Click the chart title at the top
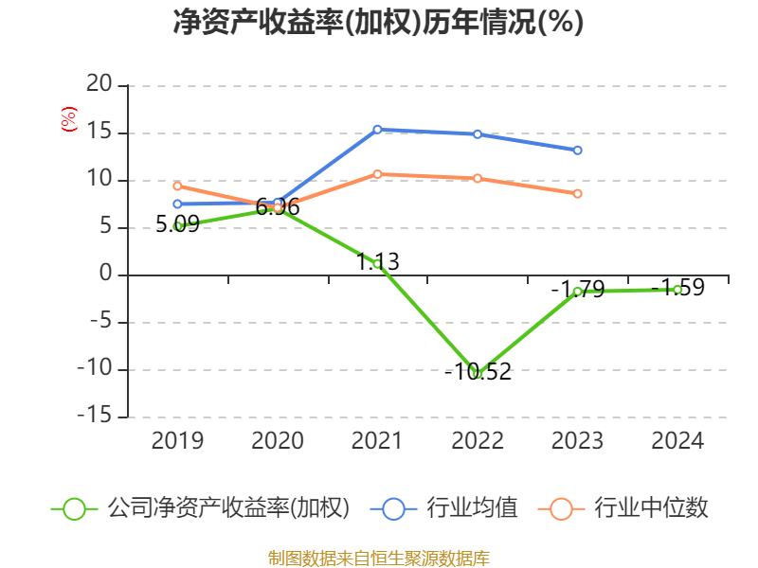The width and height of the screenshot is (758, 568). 378,22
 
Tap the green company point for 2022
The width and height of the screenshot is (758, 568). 478,374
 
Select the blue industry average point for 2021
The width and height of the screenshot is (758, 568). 377,130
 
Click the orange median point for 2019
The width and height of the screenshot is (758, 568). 177,186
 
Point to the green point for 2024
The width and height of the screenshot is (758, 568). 677,289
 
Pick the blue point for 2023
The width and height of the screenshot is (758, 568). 577,151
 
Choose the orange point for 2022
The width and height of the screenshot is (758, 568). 478,178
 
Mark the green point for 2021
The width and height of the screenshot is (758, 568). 377,264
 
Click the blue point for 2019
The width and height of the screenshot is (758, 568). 177,204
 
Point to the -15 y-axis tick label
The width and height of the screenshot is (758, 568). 94,417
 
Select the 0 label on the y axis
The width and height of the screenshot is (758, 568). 106,275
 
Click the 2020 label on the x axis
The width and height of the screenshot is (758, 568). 278,441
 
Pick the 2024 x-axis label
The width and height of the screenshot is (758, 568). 677,441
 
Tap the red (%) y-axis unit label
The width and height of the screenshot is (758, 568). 68,120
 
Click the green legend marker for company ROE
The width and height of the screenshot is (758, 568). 75,508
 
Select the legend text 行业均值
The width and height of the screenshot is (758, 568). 472,508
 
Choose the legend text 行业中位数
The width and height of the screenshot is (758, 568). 651,508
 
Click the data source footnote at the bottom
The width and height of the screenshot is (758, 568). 378,558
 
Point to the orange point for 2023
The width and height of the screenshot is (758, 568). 577,193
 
